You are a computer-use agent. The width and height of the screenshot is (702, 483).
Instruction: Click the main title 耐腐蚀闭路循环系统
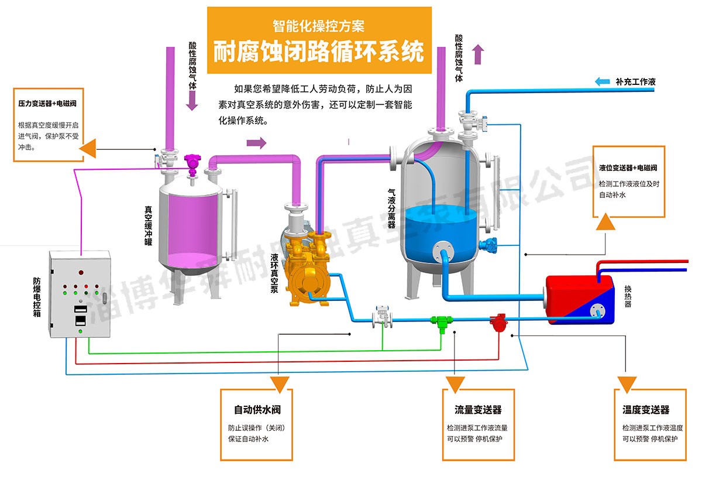click(x=318, y=52)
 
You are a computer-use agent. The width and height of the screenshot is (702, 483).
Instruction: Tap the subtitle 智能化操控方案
click(x=318, y=26)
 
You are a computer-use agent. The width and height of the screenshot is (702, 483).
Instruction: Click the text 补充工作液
click(x=635, y=82)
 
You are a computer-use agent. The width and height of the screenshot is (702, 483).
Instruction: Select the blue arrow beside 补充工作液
click(x=603, y=82)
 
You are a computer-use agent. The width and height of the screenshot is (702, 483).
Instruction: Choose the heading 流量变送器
click(x=478, y=410)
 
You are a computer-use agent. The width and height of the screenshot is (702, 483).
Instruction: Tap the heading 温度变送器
click(x=646, y=410)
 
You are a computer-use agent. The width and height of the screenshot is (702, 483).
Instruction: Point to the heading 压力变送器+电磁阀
click(x=48, y=103)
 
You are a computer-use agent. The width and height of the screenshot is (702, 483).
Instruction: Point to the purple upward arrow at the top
click(x=479, y=54)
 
